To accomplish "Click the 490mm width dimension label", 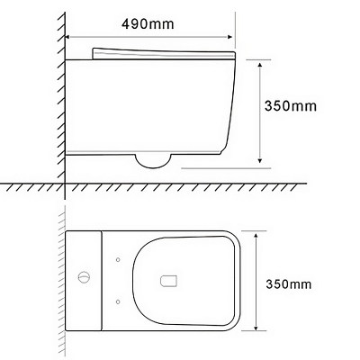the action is (148, 24).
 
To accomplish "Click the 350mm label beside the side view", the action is (291, 106).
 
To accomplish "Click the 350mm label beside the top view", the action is (289, 283).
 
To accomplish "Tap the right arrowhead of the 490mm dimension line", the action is (230, 37).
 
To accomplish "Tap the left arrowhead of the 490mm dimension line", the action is (67, 37).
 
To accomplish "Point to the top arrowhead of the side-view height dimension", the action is (260, 65).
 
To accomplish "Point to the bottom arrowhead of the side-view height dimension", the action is (260, 160).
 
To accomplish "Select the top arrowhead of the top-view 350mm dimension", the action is (256, 237).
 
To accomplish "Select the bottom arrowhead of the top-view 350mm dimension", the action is (256, 327).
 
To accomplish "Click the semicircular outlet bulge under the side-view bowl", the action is (153, 167).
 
